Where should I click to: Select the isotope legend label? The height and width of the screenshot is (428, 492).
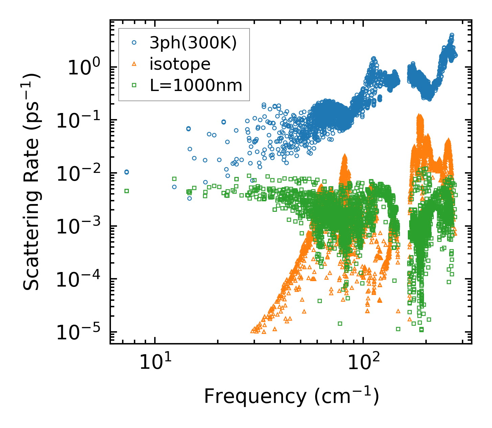[180, 64]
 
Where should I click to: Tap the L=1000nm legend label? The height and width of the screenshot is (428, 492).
[196, 86]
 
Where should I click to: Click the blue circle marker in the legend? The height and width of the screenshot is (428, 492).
[134, 43]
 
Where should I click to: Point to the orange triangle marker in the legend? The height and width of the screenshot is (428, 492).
[134, 64]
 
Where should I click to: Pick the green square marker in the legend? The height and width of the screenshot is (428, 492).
[134, 86]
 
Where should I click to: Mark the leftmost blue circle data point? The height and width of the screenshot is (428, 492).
[126, 172]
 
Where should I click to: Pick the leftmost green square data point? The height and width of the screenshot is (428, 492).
[126, 191]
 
